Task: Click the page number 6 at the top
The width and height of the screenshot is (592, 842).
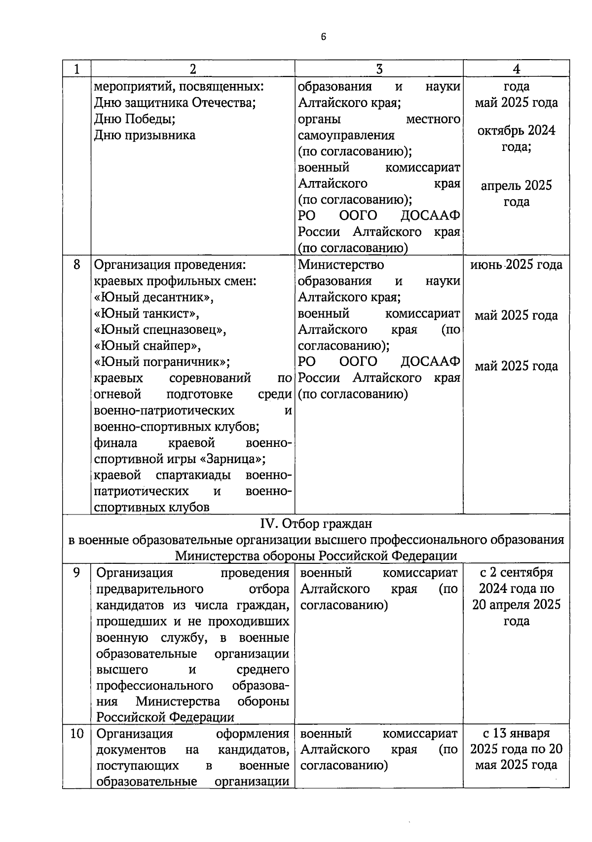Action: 323,37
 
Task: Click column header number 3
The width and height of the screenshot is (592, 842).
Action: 379,69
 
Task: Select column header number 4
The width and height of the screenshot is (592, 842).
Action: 516,69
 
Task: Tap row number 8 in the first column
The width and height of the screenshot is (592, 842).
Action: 76,265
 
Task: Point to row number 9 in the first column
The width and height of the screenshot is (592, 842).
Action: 76,573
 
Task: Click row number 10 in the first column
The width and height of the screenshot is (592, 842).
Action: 76,733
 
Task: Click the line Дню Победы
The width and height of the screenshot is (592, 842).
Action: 135,119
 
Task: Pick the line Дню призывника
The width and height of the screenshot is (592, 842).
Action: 145,135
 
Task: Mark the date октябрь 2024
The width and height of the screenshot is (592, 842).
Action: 516,131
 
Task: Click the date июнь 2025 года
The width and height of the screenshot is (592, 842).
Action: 516,265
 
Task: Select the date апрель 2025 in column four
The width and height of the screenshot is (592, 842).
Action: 516,185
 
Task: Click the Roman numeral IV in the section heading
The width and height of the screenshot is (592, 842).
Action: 269,523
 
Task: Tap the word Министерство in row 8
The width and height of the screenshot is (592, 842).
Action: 341,265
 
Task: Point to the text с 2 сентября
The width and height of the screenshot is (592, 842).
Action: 516,573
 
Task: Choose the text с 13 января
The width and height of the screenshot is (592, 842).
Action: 516,733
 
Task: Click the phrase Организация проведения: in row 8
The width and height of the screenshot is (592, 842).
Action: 170,265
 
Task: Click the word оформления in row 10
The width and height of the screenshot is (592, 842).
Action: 253,733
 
